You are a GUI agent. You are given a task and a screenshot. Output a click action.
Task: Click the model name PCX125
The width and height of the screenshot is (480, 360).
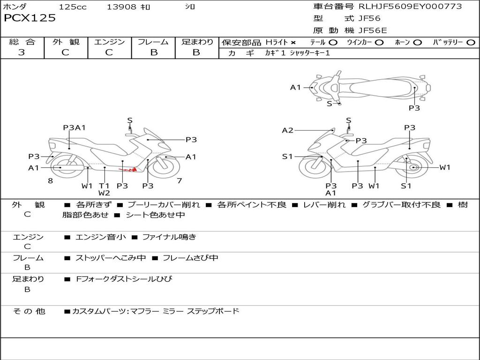tap(30, 18)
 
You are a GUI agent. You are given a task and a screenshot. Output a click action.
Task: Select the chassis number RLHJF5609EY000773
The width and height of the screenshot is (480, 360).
tap(410, 7)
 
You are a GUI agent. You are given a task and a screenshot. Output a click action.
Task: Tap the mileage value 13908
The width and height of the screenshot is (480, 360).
tap(121, 7)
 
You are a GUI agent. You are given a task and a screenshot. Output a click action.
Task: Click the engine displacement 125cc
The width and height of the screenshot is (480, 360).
tap(73, 7)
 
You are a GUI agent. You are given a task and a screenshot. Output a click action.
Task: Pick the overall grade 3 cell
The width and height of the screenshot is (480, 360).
tap(22, 52)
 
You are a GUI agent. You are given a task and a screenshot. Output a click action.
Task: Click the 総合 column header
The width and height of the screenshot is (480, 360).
tap(22, 42)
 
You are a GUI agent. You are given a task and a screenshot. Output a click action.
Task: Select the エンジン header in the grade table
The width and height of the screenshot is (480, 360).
tap(109, 42)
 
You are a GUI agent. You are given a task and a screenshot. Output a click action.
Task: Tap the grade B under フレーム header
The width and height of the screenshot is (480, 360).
tap(154, 52)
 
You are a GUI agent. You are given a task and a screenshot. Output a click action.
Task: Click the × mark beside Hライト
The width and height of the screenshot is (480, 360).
tap(293, 43)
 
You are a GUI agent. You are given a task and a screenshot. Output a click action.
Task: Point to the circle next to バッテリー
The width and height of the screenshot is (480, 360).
tap(471, 43)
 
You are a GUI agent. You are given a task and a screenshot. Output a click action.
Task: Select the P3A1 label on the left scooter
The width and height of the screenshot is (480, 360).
tap(74, 127)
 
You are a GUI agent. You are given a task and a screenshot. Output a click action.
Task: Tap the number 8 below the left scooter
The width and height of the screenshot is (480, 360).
tap(50, 180)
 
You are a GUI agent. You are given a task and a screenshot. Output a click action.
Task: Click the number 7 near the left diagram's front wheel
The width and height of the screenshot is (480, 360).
tap(179, 180)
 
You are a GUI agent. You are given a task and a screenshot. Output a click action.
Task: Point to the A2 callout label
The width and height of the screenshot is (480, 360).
tap(287, 130)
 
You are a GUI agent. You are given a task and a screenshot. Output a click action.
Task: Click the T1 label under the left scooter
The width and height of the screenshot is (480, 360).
tap(104, 186)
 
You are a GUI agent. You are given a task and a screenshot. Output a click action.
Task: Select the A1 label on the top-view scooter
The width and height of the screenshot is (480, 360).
tap(295, 87)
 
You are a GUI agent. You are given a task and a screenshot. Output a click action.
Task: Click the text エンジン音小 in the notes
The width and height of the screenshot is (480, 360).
tap(101, 237)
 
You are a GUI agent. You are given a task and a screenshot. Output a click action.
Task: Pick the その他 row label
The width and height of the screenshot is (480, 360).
tap(29, 311)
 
